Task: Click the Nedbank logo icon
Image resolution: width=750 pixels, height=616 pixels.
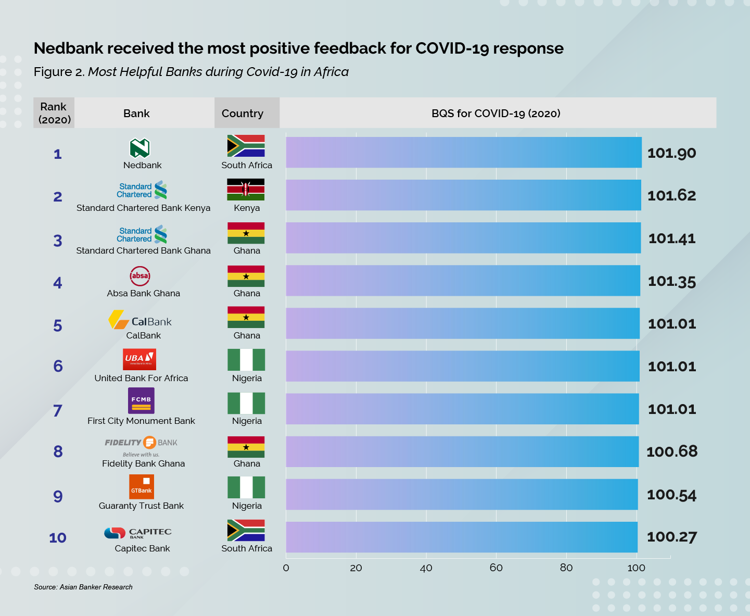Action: tap(139, 148)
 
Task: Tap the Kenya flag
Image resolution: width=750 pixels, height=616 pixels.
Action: tap(246, 190)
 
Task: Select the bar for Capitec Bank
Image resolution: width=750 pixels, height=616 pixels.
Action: tap(462, 537)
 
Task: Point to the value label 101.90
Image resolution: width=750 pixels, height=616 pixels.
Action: tap(671, 153)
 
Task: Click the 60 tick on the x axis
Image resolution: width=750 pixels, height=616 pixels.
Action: tap(496, 568)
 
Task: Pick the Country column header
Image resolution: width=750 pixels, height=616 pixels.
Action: tap(243, 114)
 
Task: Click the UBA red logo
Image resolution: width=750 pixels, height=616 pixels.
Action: tap(139, 359)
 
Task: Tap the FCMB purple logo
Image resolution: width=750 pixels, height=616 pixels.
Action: tap(141, 400)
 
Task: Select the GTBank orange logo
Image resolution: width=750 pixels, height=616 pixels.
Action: tap(142, 487)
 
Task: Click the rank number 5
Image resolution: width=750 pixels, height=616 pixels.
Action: tap(58, 326)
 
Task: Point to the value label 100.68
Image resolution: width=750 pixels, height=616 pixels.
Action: tap(671, 451)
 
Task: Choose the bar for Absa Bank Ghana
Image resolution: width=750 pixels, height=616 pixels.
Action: tap(463, 281)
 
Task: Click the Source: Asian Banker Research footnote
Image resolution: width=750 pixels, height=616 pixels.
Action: tap(83, 587)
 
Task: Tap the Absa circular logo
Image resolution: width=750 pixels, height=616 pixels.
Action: tap(140, 276)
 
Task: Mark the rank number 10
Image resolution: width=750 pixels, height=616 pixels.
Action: tap(58, 538)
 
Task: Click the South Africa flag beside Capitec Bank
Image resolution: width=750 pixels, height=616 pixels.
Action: tap(246, 530)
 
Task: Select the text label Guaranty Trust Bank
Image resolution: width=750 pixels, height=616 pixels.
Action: tap(141, 506)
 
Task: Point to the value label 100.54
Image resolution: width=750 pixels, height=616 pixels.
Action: tap(671, 495)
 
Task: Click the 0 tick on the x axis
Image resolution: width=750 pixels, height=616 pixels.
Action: tap(286, 568)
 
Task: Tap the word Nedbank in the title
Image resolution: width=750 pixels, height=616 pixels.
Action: tap(68, 48)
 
